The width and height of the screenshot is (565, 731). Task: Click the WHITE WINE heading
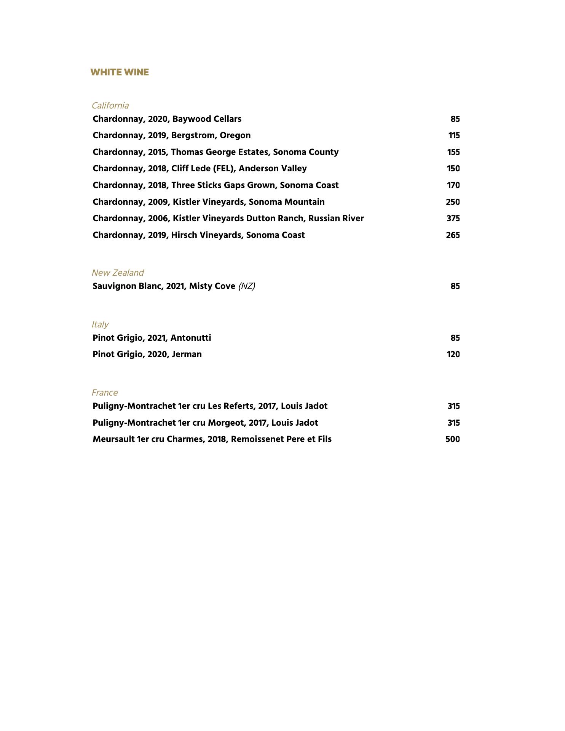point(120,72)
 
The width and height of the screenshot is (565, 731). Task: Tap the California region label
point(110,105)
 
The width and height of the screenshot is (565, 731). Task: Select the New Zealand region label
point(118,273)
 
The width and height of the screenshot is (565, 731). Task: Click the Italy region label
point(100,324)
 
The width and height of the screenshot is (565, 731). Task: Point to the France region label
point(105,393)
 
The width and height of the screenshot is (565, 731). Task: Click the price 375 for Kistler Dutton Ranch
point(453,219)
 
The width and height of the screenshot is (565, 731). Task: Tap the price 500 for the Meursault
point(452,439)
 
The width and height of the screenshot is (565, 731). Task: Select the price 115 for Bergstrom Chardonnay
point(454,136)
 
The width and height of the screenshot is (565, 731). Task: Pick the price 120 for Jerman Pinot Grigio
point(453,354)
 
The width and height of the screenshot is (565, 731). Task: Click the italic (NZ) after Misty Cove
point(247,286)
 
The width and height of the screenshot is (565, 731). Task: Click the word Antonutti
point(191,338)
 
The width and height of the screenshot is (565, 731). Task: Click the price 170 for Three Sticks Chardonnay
point(453,185)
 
